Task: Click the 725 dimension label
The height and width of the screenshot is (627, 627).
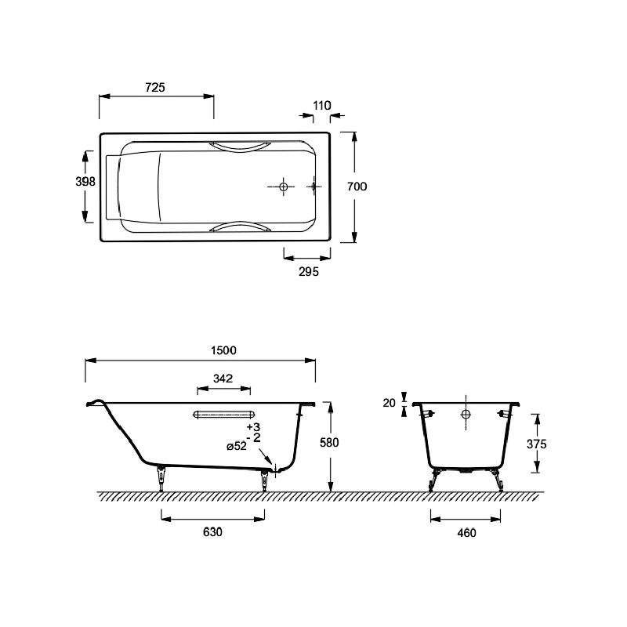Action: click(x=155, y=87)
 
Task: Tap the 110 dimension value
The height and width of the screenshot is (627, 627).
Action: click(x=322, y=106)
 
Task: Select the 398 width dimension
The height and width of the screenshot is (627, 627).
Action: click(x=85, y=182)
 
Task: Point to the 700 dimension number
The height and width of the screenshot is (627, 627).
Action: click(x=357, y=187)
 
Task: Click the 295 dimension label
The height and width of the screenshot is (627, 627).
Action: click(x=309, y=272)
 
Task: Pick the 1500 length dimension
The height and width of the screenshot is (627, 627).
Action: click(x=223, y=350)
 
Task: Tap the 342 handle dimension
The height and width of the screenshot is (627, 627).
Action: click(x=223, y=379)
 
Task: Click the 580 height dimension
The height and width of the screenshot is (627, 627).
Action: click(x=329, y=442)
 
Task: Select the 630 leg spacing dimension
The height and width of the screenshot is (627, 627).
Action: click(x=212, y=532)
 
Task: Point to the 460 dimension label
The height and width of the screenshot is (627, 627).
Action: click(x=466, y=533)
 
